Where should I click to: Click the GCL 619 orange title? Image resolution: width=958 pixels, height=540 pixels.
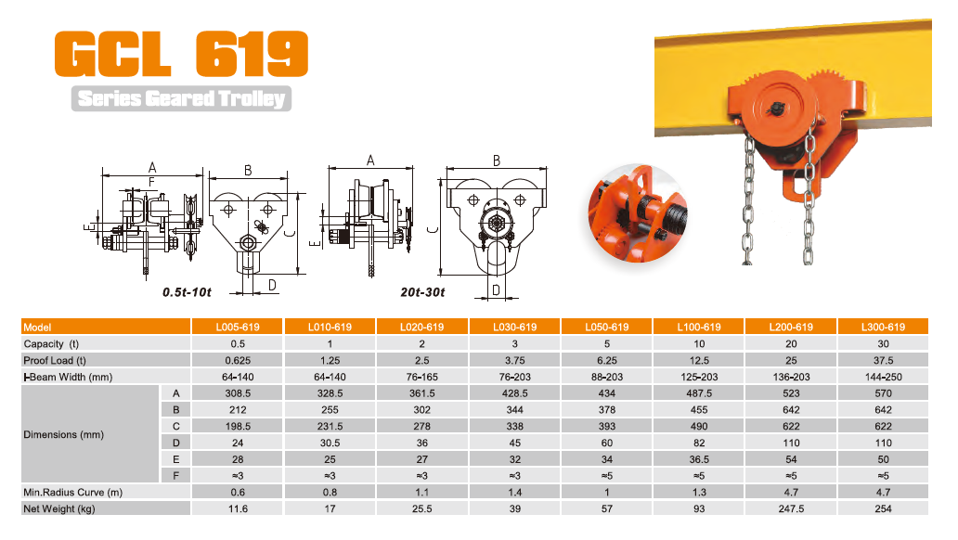[x=181, y=54]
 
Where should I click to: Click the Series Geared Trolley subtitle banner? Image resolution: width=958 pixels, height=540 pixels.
[x=181, y=98]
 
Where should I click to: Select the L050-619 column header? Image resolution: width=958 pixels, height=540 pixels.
[x=607, y=327]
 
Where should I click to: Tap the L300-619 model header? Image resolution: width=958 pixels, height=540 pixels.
[x=883, y=327]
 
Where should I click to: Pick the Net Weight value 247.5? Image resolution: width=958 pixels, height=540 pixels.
[x=791, y=508]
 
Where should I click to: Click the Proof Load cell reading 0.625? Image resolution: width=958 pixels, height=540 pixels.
[x=238, y=360]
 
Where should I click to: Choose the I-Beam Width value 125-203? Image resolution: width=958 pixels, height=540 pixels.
[x=699, y=377]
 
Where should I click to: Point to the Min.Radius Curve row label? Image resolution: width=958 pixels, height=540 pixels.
[x=72, y=493]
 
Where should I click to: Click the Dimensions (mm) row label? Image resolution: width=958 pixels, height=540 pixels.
[x=63, y=434]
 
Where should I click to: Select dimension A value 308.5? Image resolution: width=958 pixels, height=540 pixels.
[x=238, y=393]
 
